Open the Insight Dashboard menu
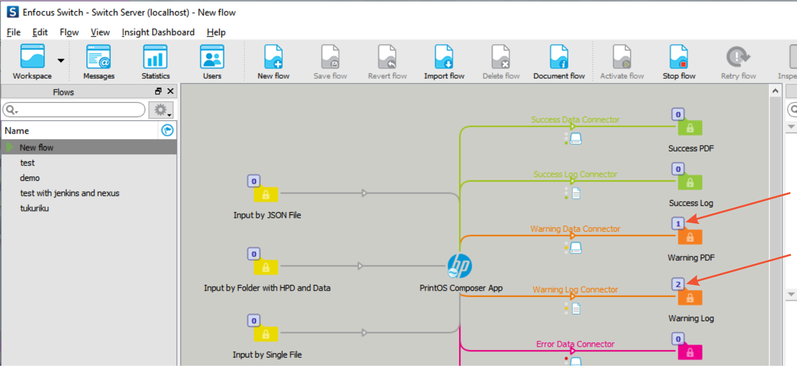(x=158, y=32)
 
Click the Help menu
(x=216, y=32)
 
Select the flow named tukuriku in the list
(x=34, y=208)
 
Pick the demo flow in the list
(x=30, y=178)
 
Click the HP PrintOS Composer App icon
(x=460, y=266)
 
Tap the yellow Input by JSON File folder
(x=266, y=194)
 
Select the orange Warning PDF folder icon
(x=690, y=237)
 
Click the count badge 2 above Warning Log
(x=678, y=284)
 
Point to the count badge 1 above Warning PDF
(x=678, y=223)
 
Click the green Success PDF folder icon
(x=690, y=128)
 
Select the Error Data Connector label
(x=575, y=344)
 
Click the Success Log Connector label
(x=575, y=174)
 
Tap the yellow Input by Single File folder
(x=266, y=334)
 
